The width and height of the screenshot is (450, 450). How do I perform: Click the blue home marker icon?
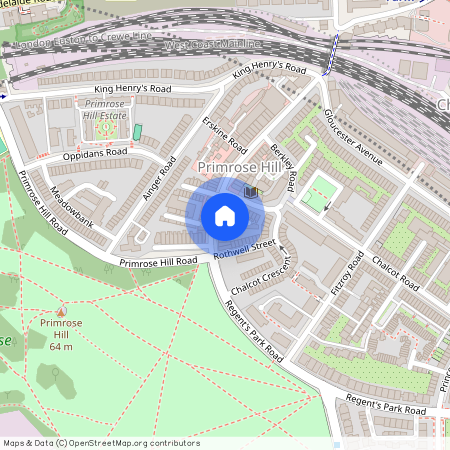(225, 215)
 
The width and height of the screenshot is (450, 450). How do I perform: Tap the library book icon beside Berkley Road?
(251, 190)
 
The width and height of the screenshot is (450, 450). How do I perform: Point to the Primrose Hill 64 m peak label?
(61, 333)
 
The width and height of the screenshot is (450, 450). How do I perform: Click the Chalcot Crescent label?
(262, 279)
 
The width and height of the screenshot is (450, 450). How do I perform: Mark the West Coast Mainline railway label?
(204, 45)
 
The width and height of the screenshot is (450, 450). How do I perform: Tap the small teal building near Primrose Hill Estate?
(137, 132)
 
